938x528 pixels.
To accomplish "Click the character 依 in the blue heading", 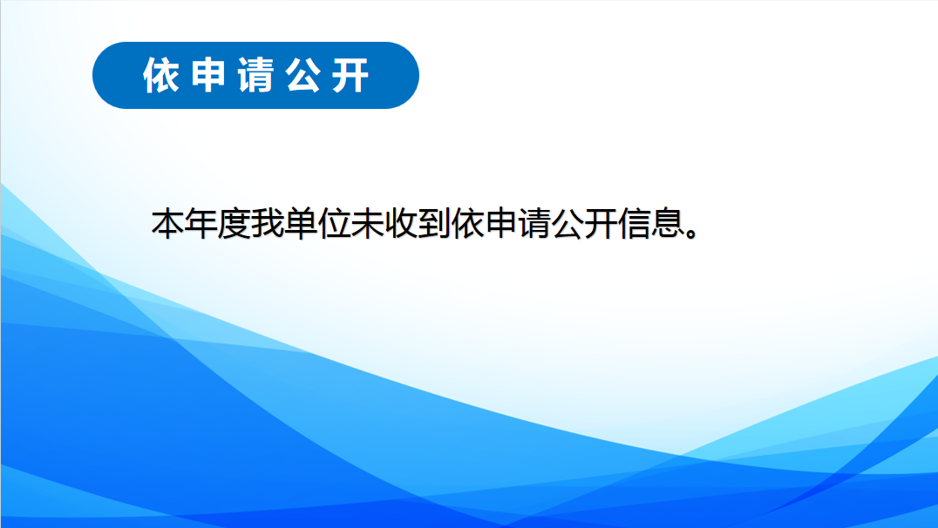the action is point(161,75).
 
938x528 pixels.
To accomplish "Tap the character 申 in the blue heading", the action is point(208,75).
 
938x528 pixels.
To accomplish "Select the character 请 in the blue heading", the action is point(255,75).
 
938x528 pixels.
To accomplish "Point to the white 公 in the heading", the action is point(302,75).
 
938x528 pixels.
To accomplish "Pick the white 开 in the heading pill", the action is point(350,75).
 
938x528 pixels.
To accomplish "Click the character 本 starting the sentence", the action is point(167,224).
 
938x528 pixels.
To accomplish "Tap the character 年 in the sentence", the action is point(201,224).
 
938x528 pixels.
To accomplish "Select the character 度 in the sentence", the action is point(234,224).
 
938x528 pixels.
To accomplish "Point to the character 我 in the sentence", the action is point(268,224).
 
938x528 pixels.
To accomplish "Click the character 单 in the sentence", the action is point(301,224).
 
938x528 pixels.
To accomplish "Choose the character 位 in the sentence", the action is point(335,224).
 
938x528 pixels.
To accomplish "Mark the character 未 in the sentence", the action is point(368,224).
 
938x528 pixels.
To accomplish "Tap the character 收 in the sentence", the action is point(401,224).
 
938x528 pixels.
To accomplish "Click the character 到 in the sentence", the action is point(434,224).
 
